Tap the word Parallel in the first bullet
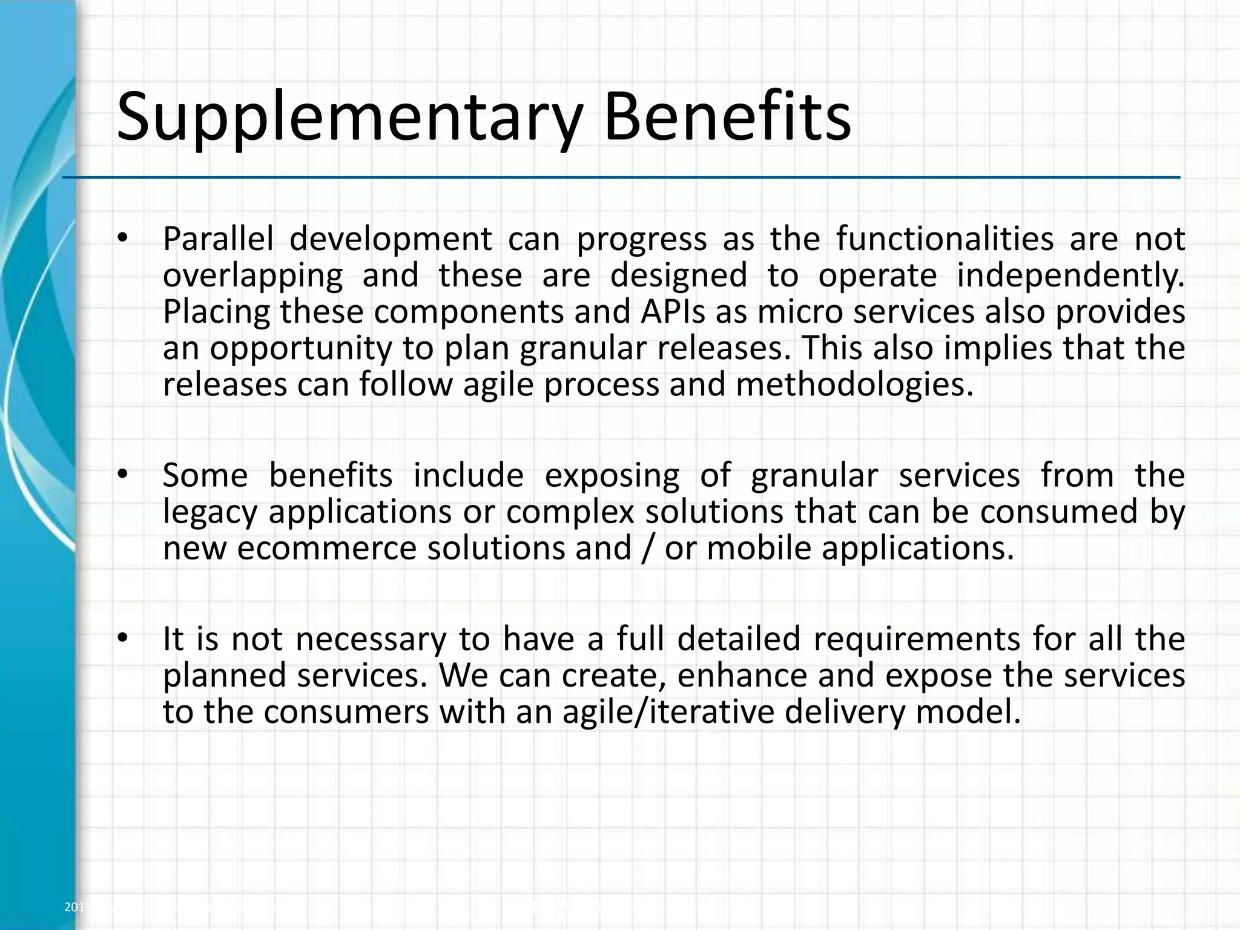pyautogui.click(x=218, y=239)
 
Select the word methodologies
pyautogui.click(x=854, y=385)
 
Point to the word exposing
pyautogui.click(x=612, y=475)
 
